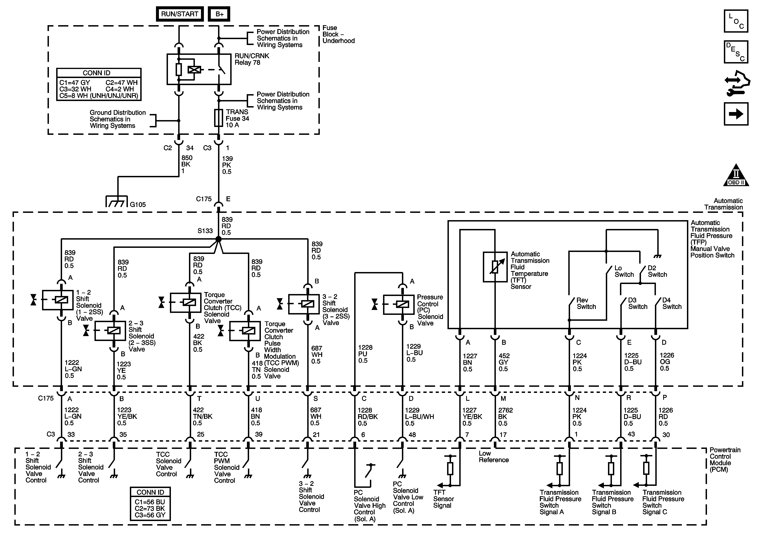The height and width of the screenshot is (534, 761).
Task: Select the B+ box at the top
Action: (219, 14)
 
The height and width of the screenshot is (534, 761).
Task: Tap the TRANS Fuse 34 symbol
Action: (218, 118)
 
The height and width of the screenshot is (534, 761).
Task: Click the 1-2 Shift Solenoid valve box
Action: (58, 300)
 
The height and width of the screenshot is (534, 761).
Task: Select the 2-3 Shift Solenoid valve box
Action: (110, 331)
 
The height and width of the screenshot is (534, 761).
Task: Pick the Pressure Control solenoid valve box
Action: (399, 304)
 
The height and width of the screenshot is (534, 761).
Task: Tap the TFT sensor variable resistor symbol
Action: (495, 267)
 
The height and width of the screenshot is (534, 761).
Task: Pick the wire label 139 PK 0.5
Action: (227, 165)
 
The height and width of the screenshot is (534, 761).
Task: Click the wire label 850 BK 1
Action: (187, 164)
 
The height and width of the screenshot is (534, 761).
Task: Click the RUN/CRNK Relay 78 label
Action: (252, 59)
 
